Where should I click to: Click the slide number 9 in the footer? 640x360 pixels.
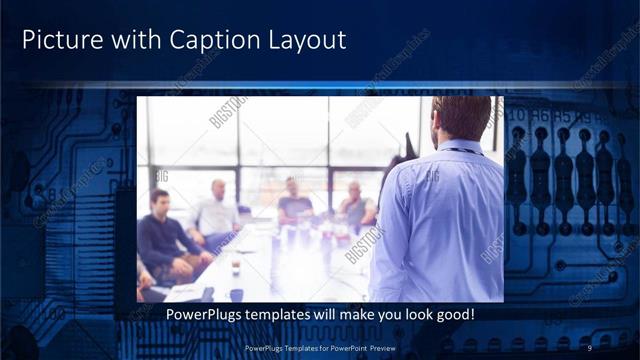tap(590, 347)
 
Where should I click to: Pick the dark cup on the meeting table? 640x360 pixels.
tap(235, 269)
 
